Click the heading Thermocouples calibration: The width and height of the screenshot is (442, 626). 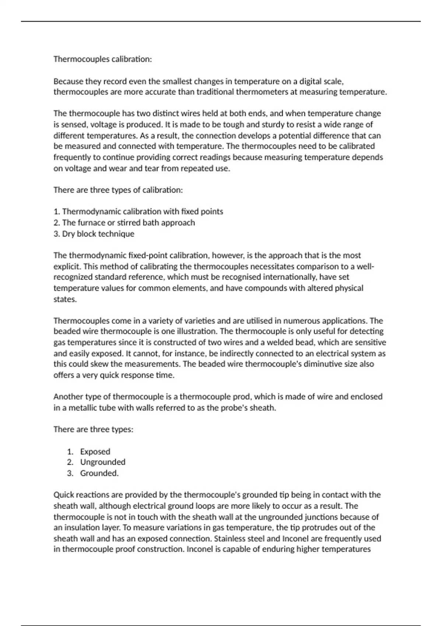click(x=102, y=59)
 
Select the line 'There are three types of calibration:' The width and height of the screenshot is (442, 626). click(x=118, y=190)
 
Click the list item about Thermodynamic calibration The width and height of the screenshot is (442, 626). click(x=138, y=212)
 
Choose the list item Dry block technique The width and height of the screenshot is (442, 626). click(x=94, y=234)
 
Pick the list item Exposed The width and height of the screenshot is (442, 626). click(x=95, y=451)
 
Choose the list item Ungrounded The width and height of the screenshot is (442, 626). click(x=103, y=462)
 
